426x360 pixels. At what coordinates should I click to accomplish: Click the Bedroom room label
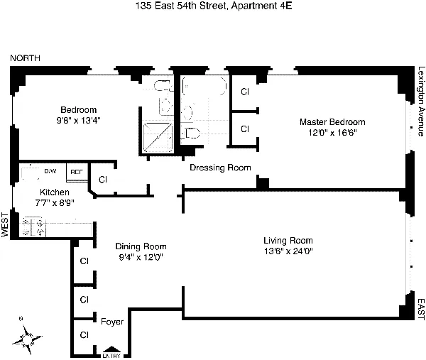pos(78,109)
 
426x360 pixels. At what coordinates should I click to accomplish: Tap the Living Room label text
pos(288,240)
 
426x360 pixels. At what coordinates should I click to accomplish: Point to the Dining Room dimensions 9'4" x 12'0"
pos(141,258)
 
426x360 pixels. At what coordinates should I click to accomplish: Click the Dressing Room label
pos(219,168)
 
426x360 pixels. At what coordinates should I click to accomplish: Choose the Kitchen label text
pos(55,192)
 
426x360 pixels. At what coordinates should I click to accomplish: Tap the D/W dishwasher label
pos(50,172)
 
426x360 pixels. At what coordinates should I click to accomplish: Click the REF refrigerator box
pos(75,172)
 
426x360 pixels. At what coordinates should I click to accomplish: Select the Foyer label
pos(112,322)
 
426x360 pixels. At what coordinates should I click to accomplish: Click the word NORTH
pos(25,58)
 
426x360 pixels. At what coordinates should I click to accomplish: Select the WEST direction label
pos(6,225)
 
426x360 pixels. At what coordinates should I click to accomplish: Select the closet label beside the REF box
pos(102,180)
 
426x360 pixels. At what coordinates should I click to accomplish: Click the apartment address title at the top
pos(212,7)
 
